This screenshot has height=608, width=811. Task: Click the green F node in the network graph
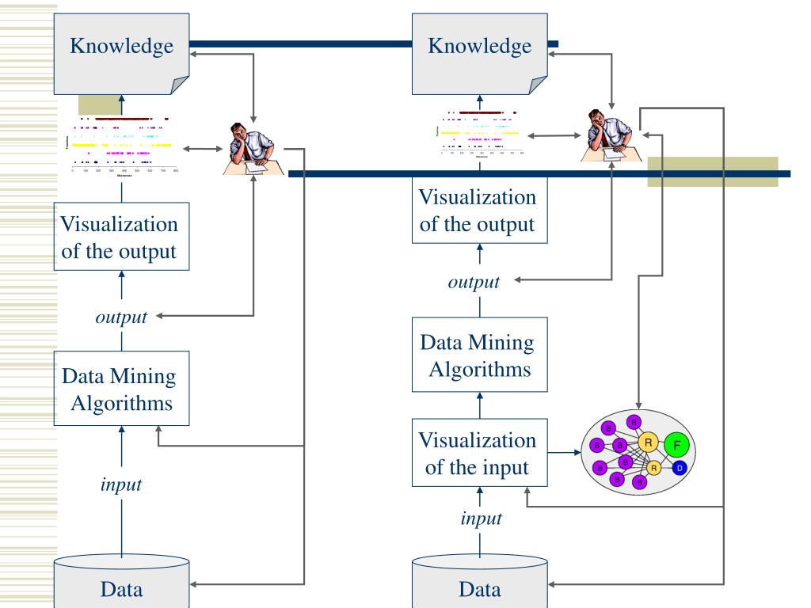tap(676, 446)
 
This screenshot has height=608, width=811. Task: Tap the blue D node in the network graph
tap(678, 469)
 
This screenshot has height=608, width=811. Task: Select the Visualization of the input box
tap(477, 454)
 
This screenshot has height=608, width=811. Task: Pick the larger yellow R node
tap(648, 442)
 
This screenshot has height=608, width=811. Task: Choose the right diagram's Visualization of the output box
tap(477, 210)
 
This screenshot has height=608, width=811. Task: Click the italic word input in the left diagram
tap(121, 484)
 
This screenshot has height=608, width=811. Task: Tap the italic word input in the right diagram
tap(480, 519)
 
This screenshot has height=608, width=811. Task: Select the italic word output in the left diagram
tap(121, 317)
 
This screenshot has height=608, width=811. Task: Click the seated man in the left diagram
tap(251, 148)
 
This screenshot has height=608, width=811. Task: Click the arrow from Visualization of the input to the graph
tap(560, 454)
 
